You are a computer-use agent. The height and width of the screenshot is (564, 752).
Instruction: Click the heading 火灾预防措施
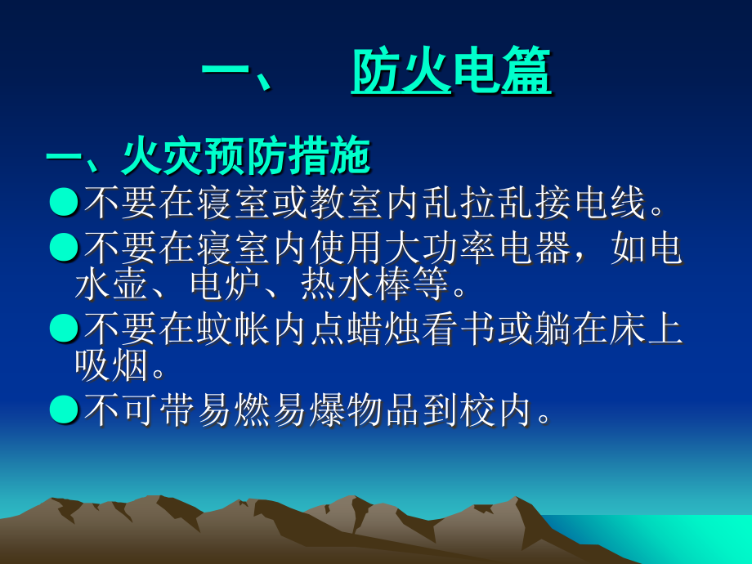[x=245, y=157]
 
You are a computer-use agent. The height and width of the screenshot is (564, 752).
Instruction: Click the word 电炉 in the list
[x=226, y=285]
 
